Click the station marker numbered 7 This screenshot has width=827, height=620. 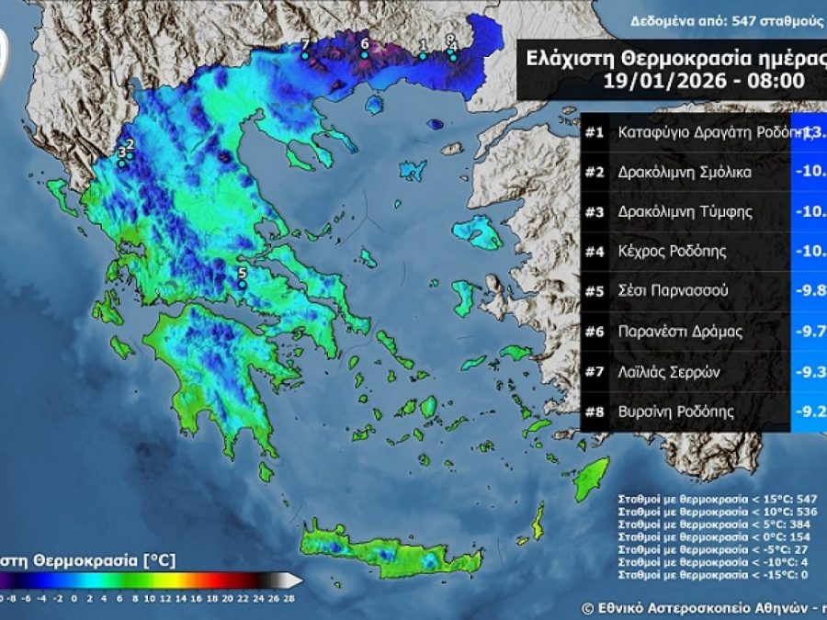305,55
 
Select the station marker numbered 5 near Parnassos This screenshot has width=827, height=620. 242,285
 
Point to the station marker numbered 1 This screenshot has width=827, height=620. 423,55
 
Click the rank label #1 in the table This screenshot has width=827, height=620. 595,131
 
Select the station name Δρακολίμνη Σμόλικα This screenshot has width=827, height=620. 685,172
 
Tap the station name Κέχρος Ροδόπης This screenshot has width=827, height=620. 673,251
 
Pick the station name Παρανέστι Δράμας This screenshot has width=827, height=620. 680,331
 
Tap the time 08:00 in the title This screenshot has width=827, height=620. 779,80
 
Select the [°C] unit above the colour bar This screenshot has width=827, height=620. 159,558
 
